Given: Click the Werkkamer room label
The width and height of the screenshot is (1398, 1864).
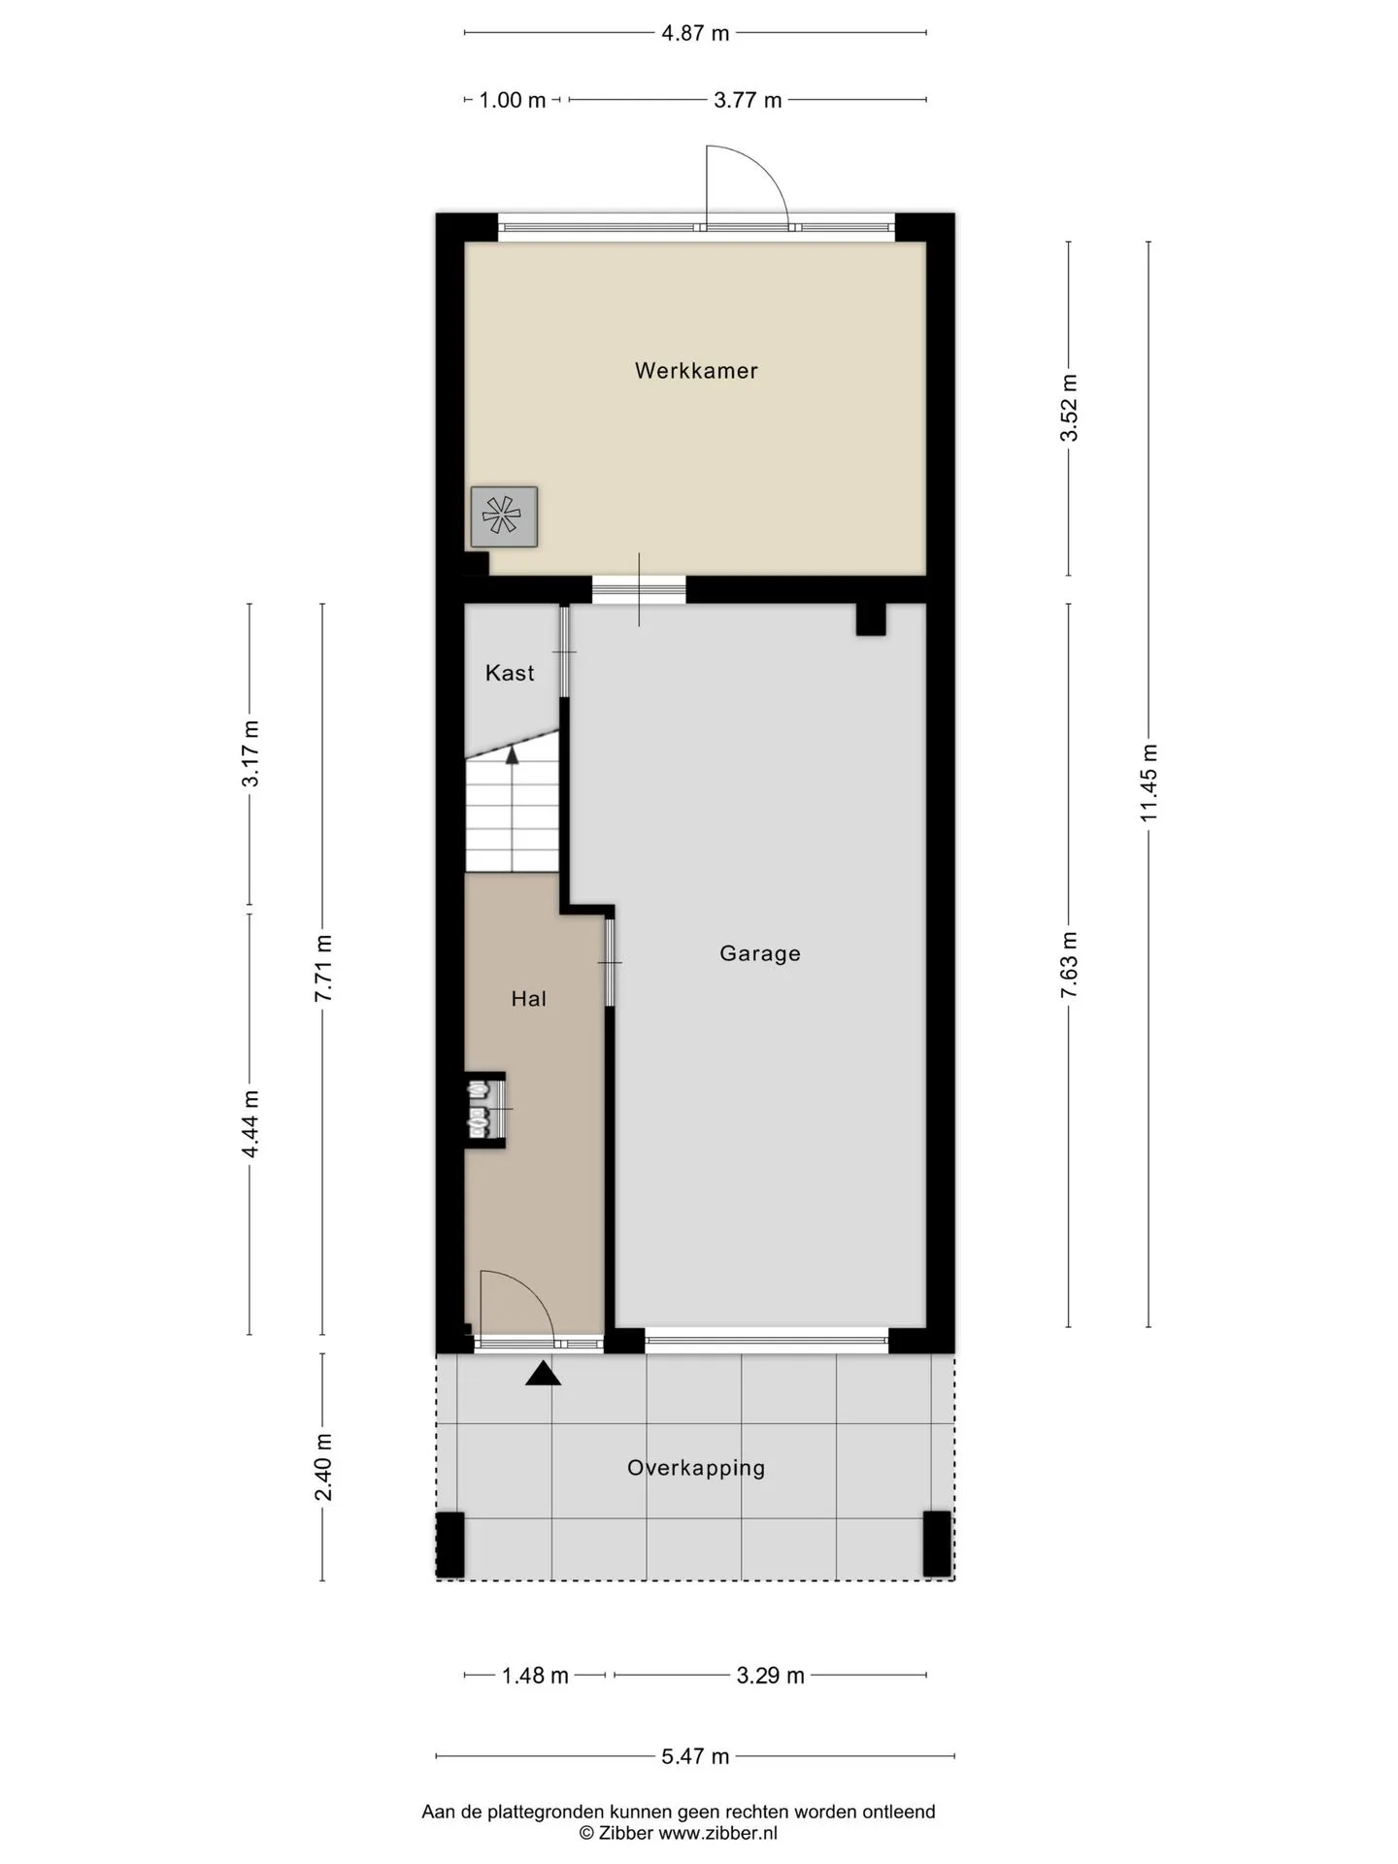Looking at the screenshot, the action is point(696,370).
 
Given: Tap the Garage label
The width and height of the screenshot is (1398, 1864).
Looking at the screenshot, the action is point(760,953).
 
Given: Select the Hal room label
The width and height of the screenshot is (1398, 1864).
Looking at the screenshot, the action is point(529,998).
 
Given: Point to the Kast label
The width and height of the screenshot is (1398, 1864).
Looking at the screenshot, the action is point(510,673).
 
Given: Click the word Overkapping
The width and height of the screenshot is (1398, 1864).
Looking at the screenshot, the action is point(696,1468).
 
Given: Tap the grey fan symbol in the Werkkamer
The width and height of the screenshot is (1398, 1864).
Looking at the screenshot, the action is point(504,516).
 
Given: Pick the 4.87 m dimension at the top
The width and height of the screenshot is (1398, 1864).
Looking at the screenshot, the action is point(695,33).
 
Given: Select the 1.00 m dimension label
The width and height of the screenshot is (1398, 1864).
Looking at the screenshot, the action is point(513,100).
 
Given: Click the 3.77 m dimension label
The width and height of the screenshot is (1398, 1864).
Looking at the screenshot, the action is point(748,100).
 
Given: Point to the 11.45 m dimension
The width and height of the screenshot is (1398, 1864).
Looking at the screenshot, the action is point(1149,782).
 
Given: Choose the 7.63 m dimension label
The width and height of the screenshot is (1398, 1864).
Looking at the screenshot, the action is point(1069,964).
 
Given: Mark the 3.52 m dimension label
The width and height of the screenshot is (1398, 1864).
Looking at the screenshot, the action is point(1069,408).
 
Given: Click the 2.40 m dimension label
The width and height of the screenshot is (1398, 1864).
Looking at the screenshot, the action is point(323,1467).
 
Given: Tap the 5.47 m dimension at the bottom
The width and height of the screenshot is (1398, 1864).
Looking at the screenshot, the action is point(695,1756).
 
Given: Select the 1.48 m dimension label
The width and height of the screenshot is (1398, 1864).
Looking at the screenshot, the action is point(535,1676).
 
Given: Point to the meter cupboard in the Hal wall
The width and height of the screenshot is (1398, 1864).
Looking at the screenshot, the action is point(485,1110).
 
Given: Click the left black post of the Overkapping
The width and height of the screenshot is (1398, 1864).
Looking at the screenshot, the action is point(450,1544).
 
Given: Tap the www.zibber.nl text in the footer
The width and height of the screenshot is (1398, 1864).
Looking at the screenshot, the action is point(717,1833).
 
